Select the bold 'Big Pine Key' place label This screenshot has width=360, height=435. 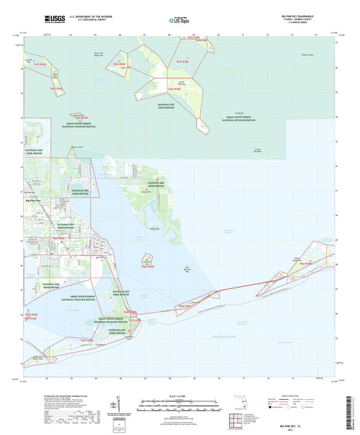pyautogui.click(x=32, y=201)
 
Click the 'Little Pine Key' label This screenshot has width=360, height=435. pyautogui.click(x=188, y=82)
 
